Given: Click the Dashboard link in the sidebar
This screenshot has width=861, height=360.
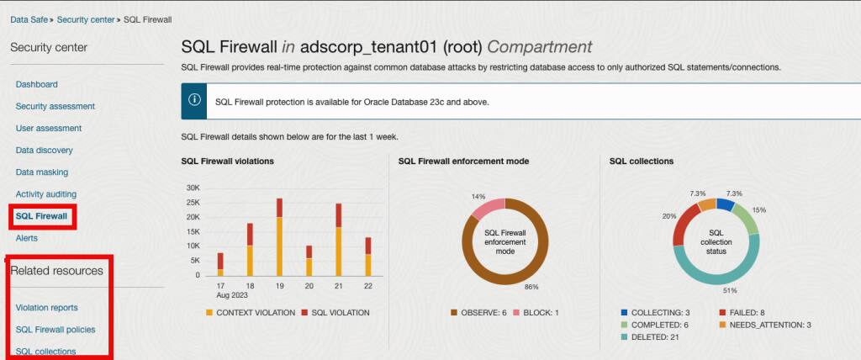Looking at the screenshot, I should pos(36,84).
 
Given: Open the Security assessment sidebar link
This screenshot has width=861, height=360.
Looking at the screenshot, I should pos(55,106).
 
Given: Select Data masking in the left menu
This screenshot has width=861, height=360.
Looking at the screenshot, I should pos(44,172).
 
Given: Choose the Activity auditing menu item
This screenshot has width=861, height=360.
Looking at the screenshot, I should pos(45,194).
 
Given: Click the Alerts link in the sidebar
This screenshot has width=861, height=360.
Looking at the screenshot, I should pos(26,238).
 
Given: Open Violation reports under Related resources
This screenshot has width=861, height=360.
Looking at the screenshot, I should pos(46,308).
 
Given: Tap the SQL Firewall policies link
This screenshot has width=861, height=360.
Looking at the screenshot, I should pos(55,329).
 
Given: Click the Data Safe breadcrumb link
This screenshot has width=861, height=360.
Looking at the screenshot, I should pos(29,19).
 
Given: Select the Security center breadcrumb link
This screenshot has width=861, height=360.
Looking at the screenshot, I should pos(87,19).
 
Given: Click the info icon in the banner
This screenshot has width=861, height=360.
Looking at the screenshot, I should pos(194,100).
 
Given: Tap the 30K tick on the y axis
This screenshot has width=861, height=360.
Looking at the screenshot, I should pos(193,188).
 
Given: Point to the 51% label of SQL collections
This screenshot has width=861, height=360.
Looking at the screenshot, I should pos(729,290).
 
